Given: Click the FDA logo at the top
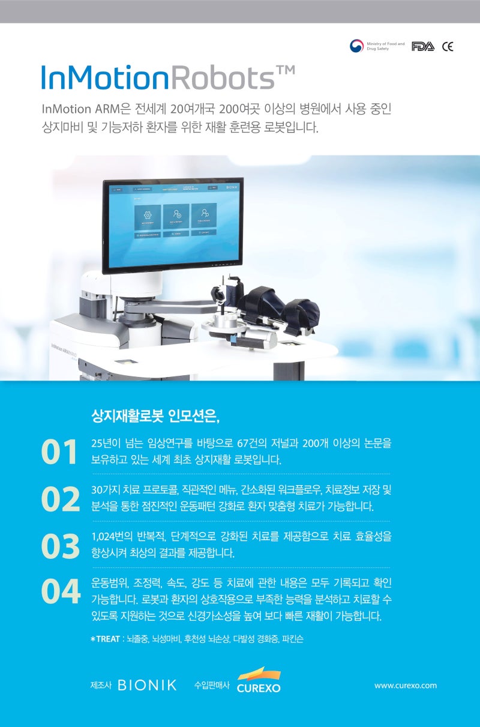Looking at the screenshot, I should (x=422, y=47).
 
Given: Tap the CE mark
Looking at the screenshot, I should (x=448, y=47).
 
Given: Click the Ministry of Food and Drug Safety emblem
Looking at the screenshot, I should (x=357, y=46).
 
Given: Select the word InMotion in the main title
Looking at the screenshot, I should (x=104, y=79).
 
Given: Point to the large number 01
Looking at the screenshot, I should (x=59, y=452).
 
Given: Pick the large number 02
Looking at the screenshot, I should (x=60, y=498).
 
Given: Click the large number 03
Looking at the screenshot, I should (x=60, y=545).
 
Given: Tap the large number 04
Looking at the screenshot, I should (x=60, y=591).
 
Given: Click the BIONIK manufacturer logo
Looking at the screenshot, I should (x=147, y=685).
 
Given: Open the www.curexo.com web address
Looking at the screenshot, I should (x=405, y=685).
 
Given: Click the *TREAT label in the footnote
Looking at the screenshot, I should (x=105, y=639).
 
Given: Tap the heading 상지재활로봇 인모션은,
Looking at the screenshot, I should (x=155, y=416).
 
